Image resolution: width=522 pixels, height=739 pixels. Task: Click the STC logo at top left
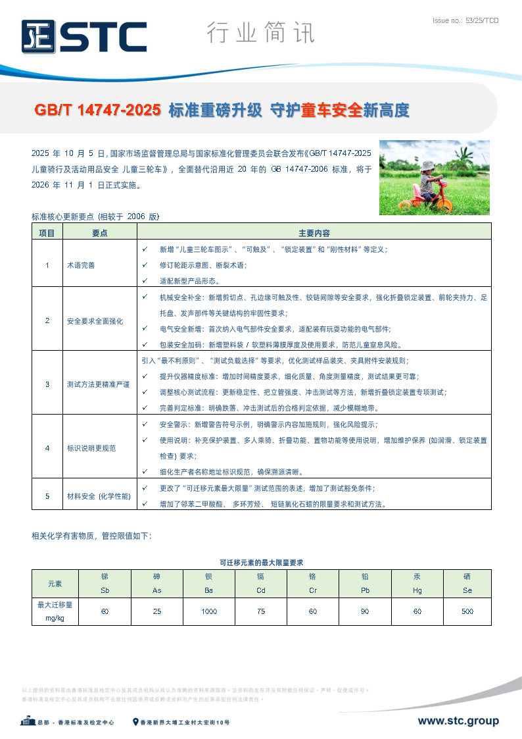pos(83,36)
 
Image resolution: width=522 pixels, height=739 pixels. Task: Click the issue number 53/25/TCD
pos(465,21)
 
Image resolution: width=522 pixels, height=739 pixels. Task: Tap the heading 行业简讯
pos(260,32)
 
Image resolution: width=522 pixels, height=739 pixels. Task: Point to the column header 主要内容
pos(314,233)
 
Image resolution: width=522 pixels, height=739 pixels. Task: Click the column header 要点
pos(100,233)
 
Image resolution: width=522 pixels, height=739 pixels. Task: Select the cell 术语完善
pos(81,265)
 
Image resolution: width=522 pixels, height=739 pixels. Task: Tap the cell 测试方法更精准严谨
pos(99,384)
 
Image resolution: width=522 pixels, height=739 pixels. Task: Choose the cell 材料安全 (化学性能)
pos(99,496)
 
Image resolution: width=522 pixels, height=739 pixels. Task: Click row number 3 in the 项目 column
pos(47,384)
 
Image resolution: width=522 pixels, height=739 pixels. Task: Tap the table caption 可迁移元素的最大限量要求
pos(261,562)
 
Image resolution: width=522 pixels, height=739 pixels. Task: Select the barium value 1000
pos(209,611)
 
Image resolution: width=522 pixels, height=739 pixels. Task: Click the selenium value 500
pos(467,611)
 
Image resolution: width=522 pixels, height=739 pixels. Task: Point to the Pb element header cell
pos(365,583)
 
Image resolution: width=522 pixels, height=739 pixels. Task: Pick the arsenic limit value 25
pos(157,611)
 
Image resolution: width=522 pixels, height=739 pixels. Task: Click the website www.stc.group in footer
pos(458,721)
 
